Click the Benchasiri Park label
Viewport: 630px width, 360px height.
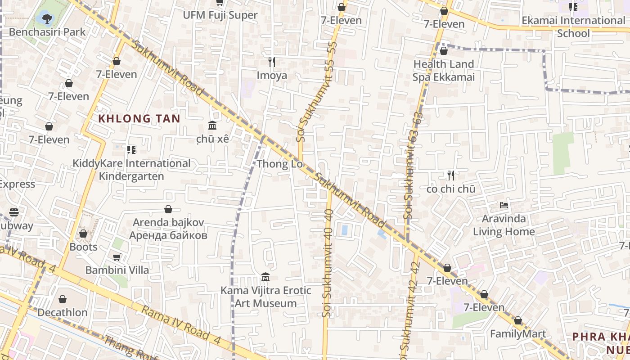pos(47,32)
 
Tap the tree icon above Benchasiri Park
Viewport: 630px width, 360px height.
pos(47,18)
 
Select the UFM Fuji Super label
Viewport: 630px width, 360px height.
pos(220,15)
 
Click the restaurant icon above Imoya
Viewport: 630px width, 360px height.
pos(272,62)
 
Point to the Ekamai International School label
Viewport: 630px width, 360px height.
pos(573,27)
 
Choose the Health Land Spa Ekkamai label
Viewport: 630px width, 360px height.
pos(444,71)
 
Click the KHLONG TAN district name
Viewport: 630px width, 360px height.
pos(139,119)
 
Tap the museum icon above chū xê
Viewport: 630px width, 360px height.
pos(212,125)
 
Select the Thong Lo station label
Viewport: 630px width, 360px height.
pos(279,164)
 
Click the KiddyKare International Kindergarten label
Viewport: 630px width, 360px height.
pos(131,170)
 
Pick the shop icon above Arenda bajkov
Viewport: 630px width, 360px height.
pos(168,209)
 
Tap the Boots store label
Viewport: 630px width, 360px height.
pos(83,247)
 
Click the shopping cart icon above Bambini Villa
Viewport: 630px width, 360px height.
pos(117,257)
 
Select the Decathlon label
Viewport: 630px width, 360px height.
pos(63,312)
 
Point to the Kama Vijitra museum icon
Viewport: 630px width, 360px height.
pos(265,277)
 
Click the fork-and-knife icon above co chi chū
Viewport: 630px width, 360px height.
pos(451,175)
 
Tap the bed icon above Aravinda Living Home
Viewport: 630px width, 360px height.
pos(504,206)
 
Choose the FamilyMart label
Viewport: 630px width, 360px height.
pos(517,334)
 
